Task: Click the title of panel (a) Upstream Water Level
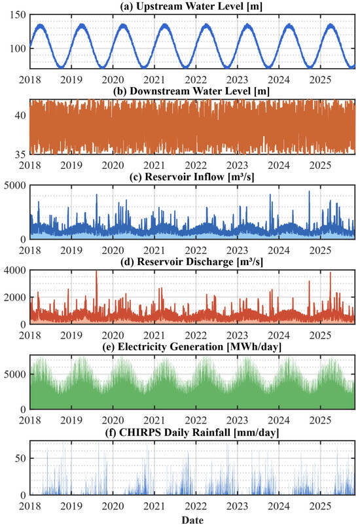pyautogui.click(x=191, y=6)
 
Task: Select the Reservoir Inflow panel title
pyautogui.click(x=192, y=177)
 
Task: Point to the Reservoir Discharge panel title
pyautogui.click(x=192, y=261)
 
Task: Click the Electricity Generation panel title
pyautogui.click(x=192, y=346)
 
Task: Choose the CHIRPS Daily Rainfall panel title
pyautogui.click(x=192, y=432)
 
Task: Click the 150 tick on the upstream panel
pyautogui.click(x=18, y=15)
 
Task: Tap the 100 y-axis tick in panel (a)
pyautogui.click(x=18, y=48)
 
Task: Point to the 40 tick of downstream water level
pyautogui.click(x=20, y=115)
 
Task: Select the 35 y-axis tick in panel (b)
pyautogui.click(x=20, y=154)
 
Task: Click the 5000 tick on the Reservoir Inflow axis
pyautogui.click(x=15, y=185)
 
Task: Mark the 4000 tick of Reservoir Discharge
pyautogui.click(x=15, y=270)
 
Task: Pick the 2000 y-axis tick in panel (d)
pyautogui.click(x=15, y=297)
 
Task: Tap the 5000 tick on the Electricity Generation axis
pyautogui.click(x=15, y=374)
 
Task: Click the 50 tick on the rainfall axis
pyautogui.click(x=20, y=458)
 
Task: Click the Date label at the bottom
pyautogui.click(x=192, y=520)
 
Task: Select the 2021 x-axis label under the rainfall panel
pyautogui.click(x=154, y=506)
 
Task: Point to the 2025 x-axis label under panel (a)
pyautogui.click(x=320, y=80)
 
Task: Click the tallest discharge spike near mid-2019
pyautogui.click(x=96, y=272)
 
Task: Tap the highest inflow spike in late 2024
pyautogui.click(x=309, y=192)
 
